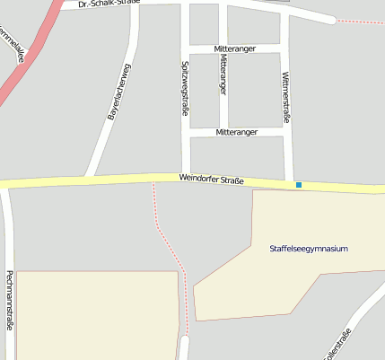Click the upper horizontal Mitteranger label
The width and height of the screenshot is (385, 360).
[x=236, y=48]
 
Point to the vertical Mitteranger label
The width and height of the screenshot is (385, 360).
[x=223, y=74]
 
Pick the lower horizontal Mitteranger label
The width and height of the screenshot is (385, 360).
[x=237, y=132]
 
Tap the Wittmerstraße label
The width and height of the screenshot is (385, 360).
[x=286, y=97]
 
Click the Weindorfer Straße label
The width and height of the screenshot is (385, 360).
[x=211, y=180]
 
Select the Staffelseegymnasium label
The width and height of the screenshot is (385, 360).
[x=308, y=248]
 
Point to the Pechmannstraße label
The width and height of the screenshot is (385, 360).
[x=9, y=300]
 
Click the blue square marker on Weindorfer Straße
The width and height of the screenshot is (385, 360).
[x=299, y=185]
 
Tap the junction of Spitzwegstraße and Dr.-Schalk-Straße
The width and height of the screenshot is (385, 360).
[x=184, y=4]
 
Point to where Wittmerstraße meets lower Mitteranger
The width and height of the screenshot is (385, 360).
[x=289, y=132]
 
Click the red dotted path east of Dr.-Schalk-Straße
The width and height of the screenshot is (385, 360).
[x=359, y=22]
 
